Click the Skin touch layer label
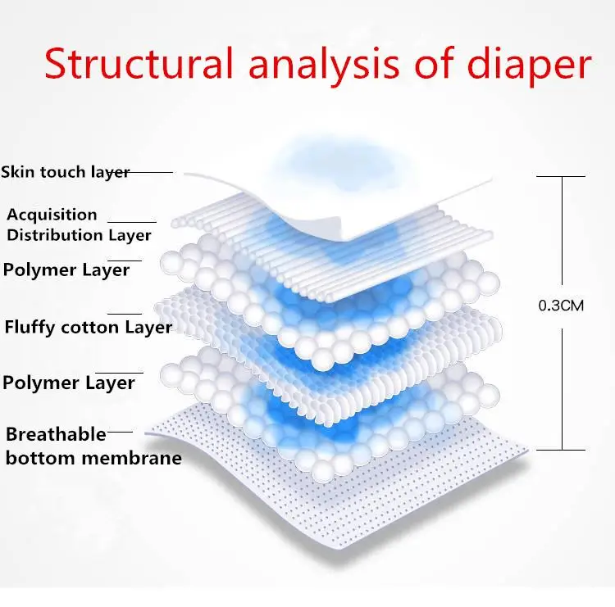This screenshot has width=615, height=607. (65, 172)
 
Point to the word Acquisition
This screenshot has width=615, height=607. (52, 215)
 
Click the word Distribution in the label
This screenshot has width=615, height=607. (56, 235)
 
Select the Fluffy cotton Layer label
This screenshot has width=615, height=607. (88, 328)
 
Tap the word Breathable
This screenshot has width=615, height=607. (56, 434)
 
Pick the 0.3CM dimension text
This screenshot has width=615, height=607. (560, 306)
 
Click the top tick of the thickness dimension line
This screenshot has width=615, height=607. (561, 176)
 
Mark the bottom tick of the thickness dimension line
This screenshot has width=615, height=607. (561, 449)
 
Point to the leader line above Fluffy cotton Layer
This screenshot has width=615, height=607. (125, 313)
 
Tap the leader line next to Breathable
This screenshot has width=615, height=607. (120, 431)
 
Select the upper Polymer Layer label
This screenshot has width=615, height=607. (66, 270)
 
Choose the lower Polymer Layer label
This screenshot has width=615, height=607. (68, 383)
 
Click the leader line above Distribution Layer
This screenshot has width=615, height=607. (132, 222)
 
